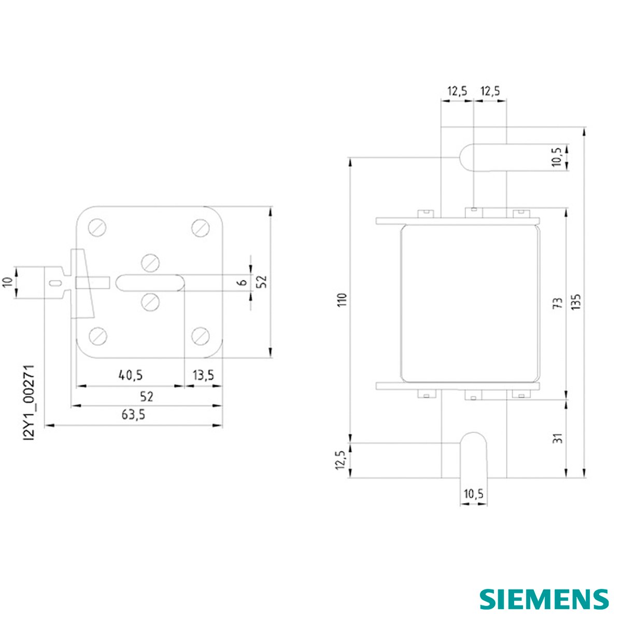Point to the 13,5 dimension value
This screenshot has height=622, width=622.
tap(203, 375)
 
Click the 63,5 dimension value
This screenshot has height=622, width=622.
tap(133, 415)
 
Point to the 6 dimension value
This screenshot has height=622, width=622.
tap(243, 282)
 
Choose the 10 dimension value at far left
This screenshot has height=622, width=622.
tap(9, 282)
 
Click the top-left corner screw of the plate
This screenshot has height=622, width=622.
tap(97, 228)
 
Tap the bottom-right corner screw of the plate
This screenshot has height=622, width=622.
tap(201, 335)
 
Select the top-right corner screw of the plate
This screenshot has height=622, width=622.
tap(201, 228)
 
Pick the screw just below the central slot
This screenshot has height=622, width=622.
tap(150, 302)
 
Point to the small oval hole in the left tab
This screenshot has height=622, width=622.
tap(55, 283)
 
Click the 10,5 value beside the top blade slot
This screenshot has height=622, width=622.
tap(557, 157)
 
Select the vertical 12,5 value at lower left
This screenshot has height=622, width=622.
tap(341, 460)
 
